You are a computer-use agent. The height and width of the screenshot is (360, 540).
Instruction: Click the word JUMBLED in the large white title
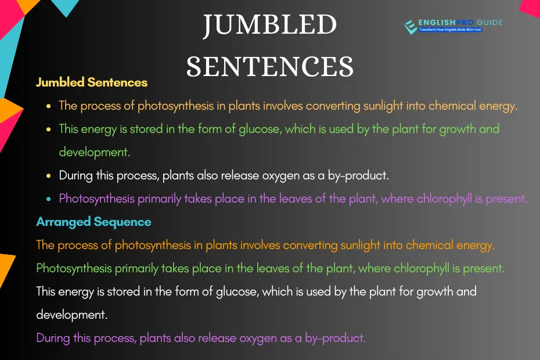coord(269,25)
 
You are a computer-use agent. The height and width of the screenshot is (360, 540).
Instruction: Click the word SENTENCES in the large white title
coord(270,67)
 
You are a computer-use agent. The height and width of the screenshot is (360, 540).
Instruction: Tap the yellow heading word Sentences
coord(117,82)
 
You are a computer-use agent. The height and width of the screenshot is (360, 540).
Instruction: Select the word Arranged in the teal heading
coord(63,222)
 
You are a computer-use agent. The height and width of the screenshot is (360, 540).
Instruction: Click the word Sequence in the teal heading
coord(123,222)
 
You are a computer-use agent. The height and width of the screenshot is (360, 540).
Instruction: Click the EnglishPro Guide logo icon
coord(410,27)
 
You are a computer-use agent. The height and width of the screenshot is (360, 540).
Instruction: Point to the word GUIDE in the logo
coord(489,23)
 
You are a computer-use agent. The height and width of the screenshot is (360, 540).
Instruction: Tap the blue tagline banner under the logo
coord(451,30)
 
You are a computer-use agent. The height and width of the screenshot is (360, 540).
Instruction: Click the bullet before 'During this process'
coord(49,176)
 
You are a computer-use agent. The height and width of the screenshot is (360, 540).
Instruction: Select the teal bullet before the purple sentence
coord(49,199)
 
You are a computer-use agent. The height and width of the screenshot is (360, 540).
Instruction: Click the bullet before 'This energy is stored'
coord(49,129)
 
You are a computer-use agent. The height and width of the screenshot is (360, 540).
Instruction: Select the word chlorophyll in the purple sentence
coord(444,199)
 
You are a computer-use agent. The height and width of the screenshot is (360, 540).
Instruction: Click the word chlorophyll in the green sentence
coord(422,268)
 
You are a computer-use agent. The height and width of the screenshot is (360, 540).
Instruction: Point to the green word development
coord(95,152)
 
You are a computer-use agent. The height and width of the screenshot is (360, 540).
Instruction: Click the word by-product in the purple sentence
coord(336,339)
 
